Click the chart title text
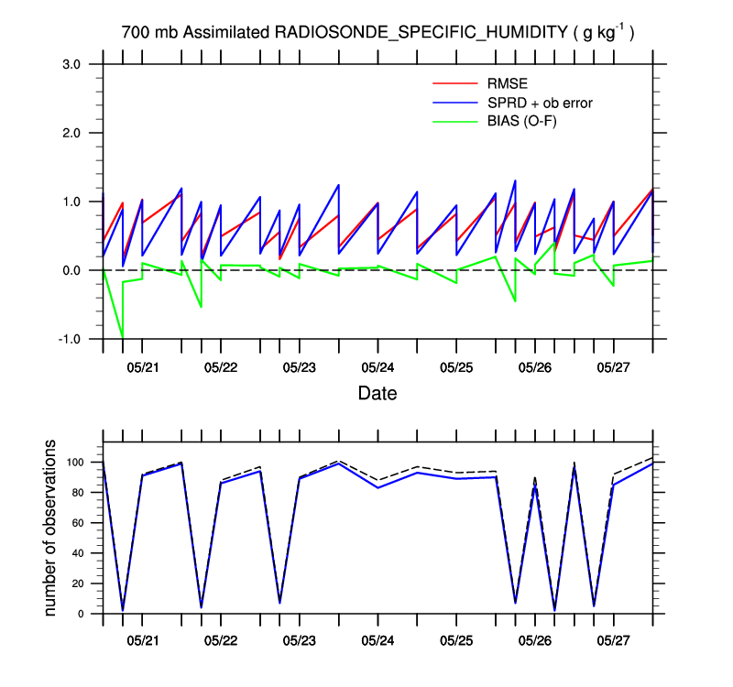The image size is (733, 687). pos(378,33)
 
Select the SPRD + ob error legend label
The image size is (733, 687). pos(541,103)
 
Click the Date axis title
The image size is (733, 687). pos(377,394)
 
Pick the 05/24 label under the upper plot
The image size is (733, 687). pos(377,368)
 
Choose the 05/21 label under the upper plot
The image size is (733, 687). pos(142,368)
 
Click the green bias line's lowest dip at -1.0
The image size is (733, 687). pos(123,338)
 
